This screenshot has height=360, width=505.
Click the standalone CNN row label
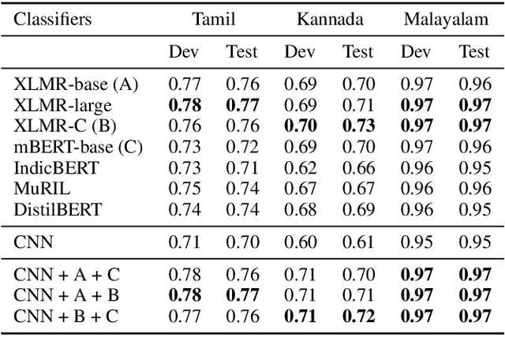(x=32, y=241)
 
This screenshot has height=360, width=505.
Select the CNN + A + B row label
(x=65, y=294)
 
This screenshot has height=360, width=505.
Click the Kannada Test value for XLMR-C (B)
(x=357, y=124)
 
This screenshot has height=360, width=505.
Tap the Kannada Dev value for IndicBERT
(x=300, y=167)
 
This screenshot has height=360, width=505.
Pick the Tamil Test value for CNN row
(x=241, y=241)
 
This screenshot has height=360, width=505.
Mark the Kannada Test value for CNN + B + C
(x=357, y=316)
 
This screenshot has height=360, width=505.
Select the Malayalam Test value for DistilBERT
(x=474, y=209)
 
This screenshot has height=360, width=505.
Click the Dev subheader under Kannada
(x=300, y=53)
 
